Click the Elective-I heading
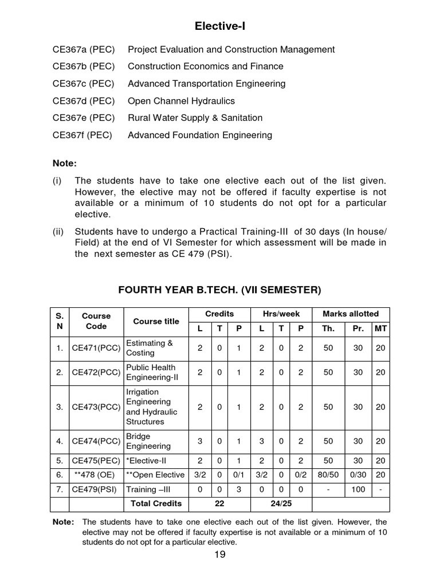tap(220, 26)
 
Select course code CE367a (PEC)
tap(84, 49)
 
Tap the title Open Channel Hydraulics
tap(181, 101)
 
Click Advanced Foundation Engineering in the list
tap(199, 135)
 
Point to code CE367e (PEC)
tap(84, 118)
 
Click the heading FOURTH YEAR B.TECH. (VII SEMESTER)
tap(220, 290)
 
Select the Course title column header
tap(156, 322)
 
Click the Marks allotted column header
tap(351, 314)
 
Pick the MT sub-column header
tap(380, 328)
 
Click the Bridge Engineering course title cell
tap(148, 441)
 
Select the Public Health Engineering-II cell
tap(151, 373)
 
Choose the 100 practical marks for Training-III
tap(358, 489)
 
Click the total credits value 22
tap(220, 503)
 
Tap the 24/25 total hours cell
tap(281, 503)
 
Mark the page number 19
tap(220, 554)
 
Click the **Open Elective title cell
tap(156, 475)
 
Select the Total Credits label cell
tap(156, 503)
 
